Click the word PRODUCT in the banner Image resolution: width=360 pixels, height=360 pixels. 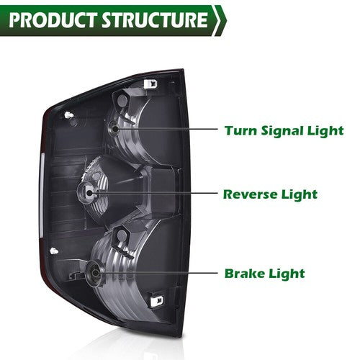(53, 20)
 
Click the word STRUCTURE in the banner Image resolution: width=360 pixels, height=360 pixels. (155, 20)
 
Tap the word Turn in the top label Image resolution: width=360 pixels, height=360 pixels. (241, 131)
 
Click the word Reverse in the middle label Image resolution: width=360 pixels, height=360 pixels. (250, 194)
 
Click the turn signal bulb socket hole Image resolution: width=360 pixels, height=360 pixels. (115, 128)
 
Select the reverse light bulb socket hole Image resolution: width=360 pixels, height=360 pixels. (89, 192)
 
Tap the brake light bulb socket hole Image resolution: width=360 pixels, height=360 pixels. (95, 273)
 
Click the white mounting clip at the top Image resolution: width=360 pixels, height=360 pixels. (151, 84)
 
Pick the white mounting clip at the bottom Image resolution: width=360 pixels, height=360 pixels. (157, 301)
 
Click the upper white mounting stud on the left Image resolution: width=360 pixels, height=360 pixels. (69, 115)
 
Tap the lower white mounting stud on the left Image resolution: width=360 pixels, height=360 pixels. (54, 251)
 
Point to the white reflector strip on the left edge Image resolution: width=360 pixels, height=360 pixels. (42, 194)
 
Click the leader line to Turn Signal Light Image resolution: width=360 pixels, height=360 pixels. (166, 129)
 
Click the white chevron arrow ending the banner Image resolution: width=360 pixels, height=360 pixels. (220, 21)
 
